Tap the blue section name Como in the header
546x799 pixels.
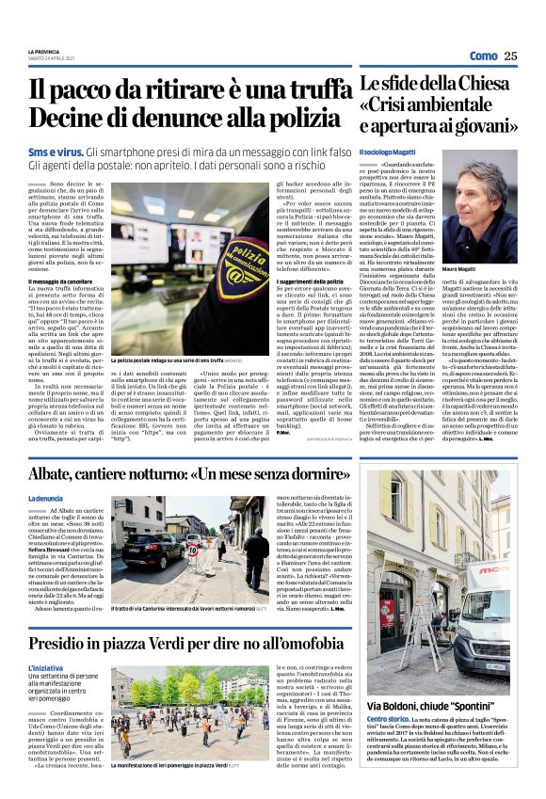(482, 56)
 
